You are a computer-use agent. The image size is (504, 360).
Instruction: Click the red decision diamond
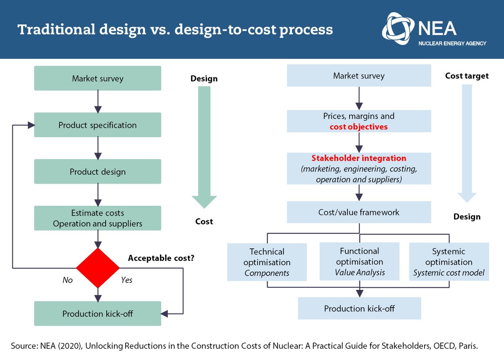pyautogui.click(x=97, y=268)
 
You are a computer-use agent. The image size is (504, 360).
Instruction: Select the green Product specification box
pyautogui.click(x=97, y=125)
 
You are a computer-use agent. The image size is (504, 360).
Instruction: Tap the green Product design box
pyautogui.click(x=97, y=171)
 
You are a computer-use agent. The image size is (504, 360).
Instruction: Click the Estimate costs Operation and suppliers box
pyautogui.click(x=97, y=218)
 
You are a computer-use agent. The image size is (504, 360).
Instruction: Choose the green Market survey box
pyautogui.click(x=97, y=78)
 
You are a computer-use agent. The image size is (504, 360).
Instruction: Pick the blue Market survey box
pyautogui.click(x=359, y=76)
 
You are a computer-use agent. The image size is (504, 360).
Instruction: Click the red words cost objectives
pyautogui.click(x=359, y=126)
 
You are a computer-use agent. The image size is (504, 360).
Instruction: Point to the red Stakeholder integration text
pyautogui.click(x=359, y=158)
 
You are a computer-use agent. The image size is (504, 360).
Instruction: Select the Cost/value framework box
pyautogui.click(x=359, y=212)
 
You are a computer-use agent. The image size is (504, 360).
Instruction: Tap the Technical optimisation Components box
pyautogui.click(x=267, y=262)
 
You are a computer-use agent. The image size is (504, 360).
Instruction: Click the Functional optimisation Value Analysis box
pyautogui.click(x=360, y=261)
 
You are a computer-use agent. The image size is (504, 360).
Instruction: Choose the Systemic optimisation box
pyautogui.click(x=449, y=262)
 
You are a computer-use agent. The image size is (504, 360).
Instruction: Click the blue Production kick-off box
pyautogui.click(x=359, y=309)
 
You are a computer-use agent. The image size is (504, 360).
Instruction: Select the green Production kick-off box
pyautogui.click(x=97, y=314)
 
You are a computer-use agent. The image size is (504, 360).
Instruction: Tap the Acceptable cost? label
pyautogui.click(x=161, y=258)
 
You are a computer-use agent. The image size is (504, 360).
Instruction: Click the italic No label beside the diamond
pyautogui.click(x=67, y=280)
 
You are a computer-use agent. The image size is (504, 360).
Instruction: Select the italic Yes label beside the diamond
pyautogui.click(x=126, y=280)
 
